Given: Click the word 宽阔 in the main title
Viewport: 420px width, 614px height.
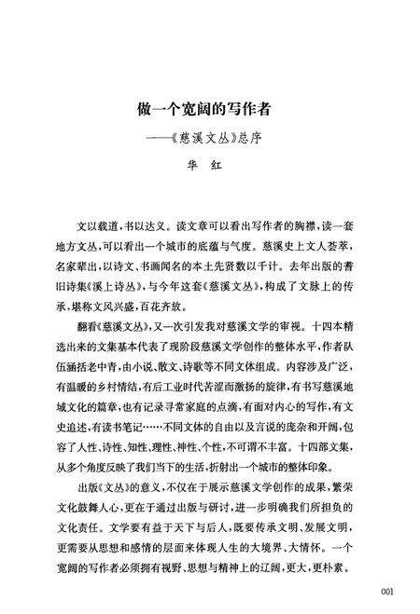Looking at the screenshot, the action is (191, 109).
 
